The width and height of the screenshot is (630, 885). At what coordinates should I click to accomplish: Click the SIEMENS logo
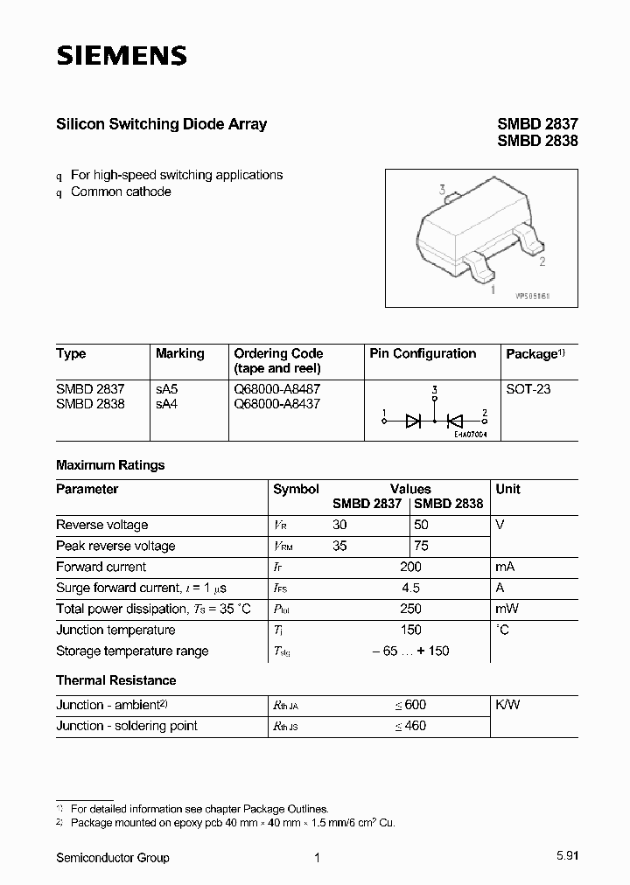[x=122, y=57]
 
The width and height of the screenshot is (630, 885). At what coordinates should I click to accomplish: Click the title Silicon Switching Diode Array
[x=161, y=124]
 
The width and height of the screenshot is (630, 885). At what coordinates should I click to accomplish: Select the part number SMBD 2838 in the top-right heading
[x=537, y=141]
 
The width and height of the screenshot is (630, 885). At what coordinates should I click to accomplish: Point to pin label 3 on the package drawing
[x=443, y=190]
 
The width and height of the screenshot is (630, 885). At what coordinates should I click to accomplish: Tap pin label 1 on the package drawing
[x=493, y=289]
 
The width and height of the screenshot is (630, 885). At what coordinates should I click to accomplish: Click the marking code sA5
[x=166, y=389]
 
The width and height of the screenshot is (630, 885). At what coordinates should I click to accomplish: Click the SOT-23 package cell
[x=528, y=389]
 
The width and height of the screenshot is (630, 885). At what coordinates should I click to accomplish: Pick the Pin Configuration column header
[x=423, y=354]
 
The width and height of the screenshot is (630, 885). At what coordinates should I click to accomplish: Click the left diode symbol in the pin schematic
[x=414, y=421]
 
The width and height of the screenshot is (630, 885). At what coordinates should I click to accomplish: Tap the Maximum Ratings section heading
[x=110, y=465]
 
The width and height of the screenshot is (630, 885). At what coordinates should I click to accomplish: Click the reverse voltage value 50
[x=421, y=525]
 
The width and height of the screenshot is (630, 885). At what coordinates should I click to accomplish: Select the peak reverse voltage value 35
[x=339, y=546]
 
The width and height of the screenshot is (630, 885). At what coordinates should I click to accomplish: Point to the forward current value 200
[x=409, y=567]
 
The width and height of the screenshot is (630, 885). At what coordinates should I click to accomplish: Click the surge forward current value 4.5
[x=409, y=588]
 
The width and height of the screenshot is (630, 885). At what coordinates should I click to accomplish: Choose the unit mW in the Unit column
[x=507, y=609]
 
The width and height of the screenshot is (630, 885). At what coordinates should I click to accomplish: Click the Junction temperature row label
[x=115, y=630]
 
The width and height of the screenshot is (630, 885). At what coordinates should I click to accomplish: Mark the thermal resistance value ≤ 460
[x=409, y=726]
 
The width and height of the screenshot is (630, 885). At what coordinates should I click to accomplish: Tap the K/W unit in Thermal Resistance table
[x=507, y=705]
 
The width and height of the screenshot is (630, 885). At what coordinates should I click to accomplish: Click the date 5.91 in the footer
[x=565, y=858]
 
